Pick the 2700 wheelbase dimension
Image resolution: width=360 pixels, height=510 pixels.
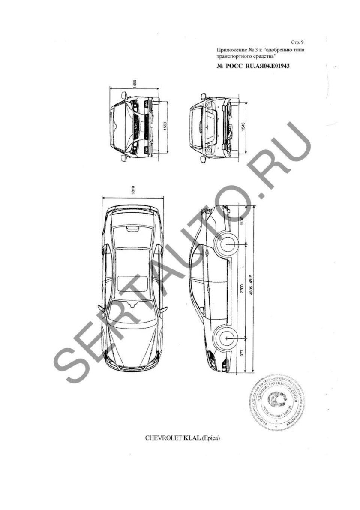pos(242,290)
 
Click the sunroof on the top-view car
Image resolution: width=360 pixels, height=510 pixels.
pos(133,284)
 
